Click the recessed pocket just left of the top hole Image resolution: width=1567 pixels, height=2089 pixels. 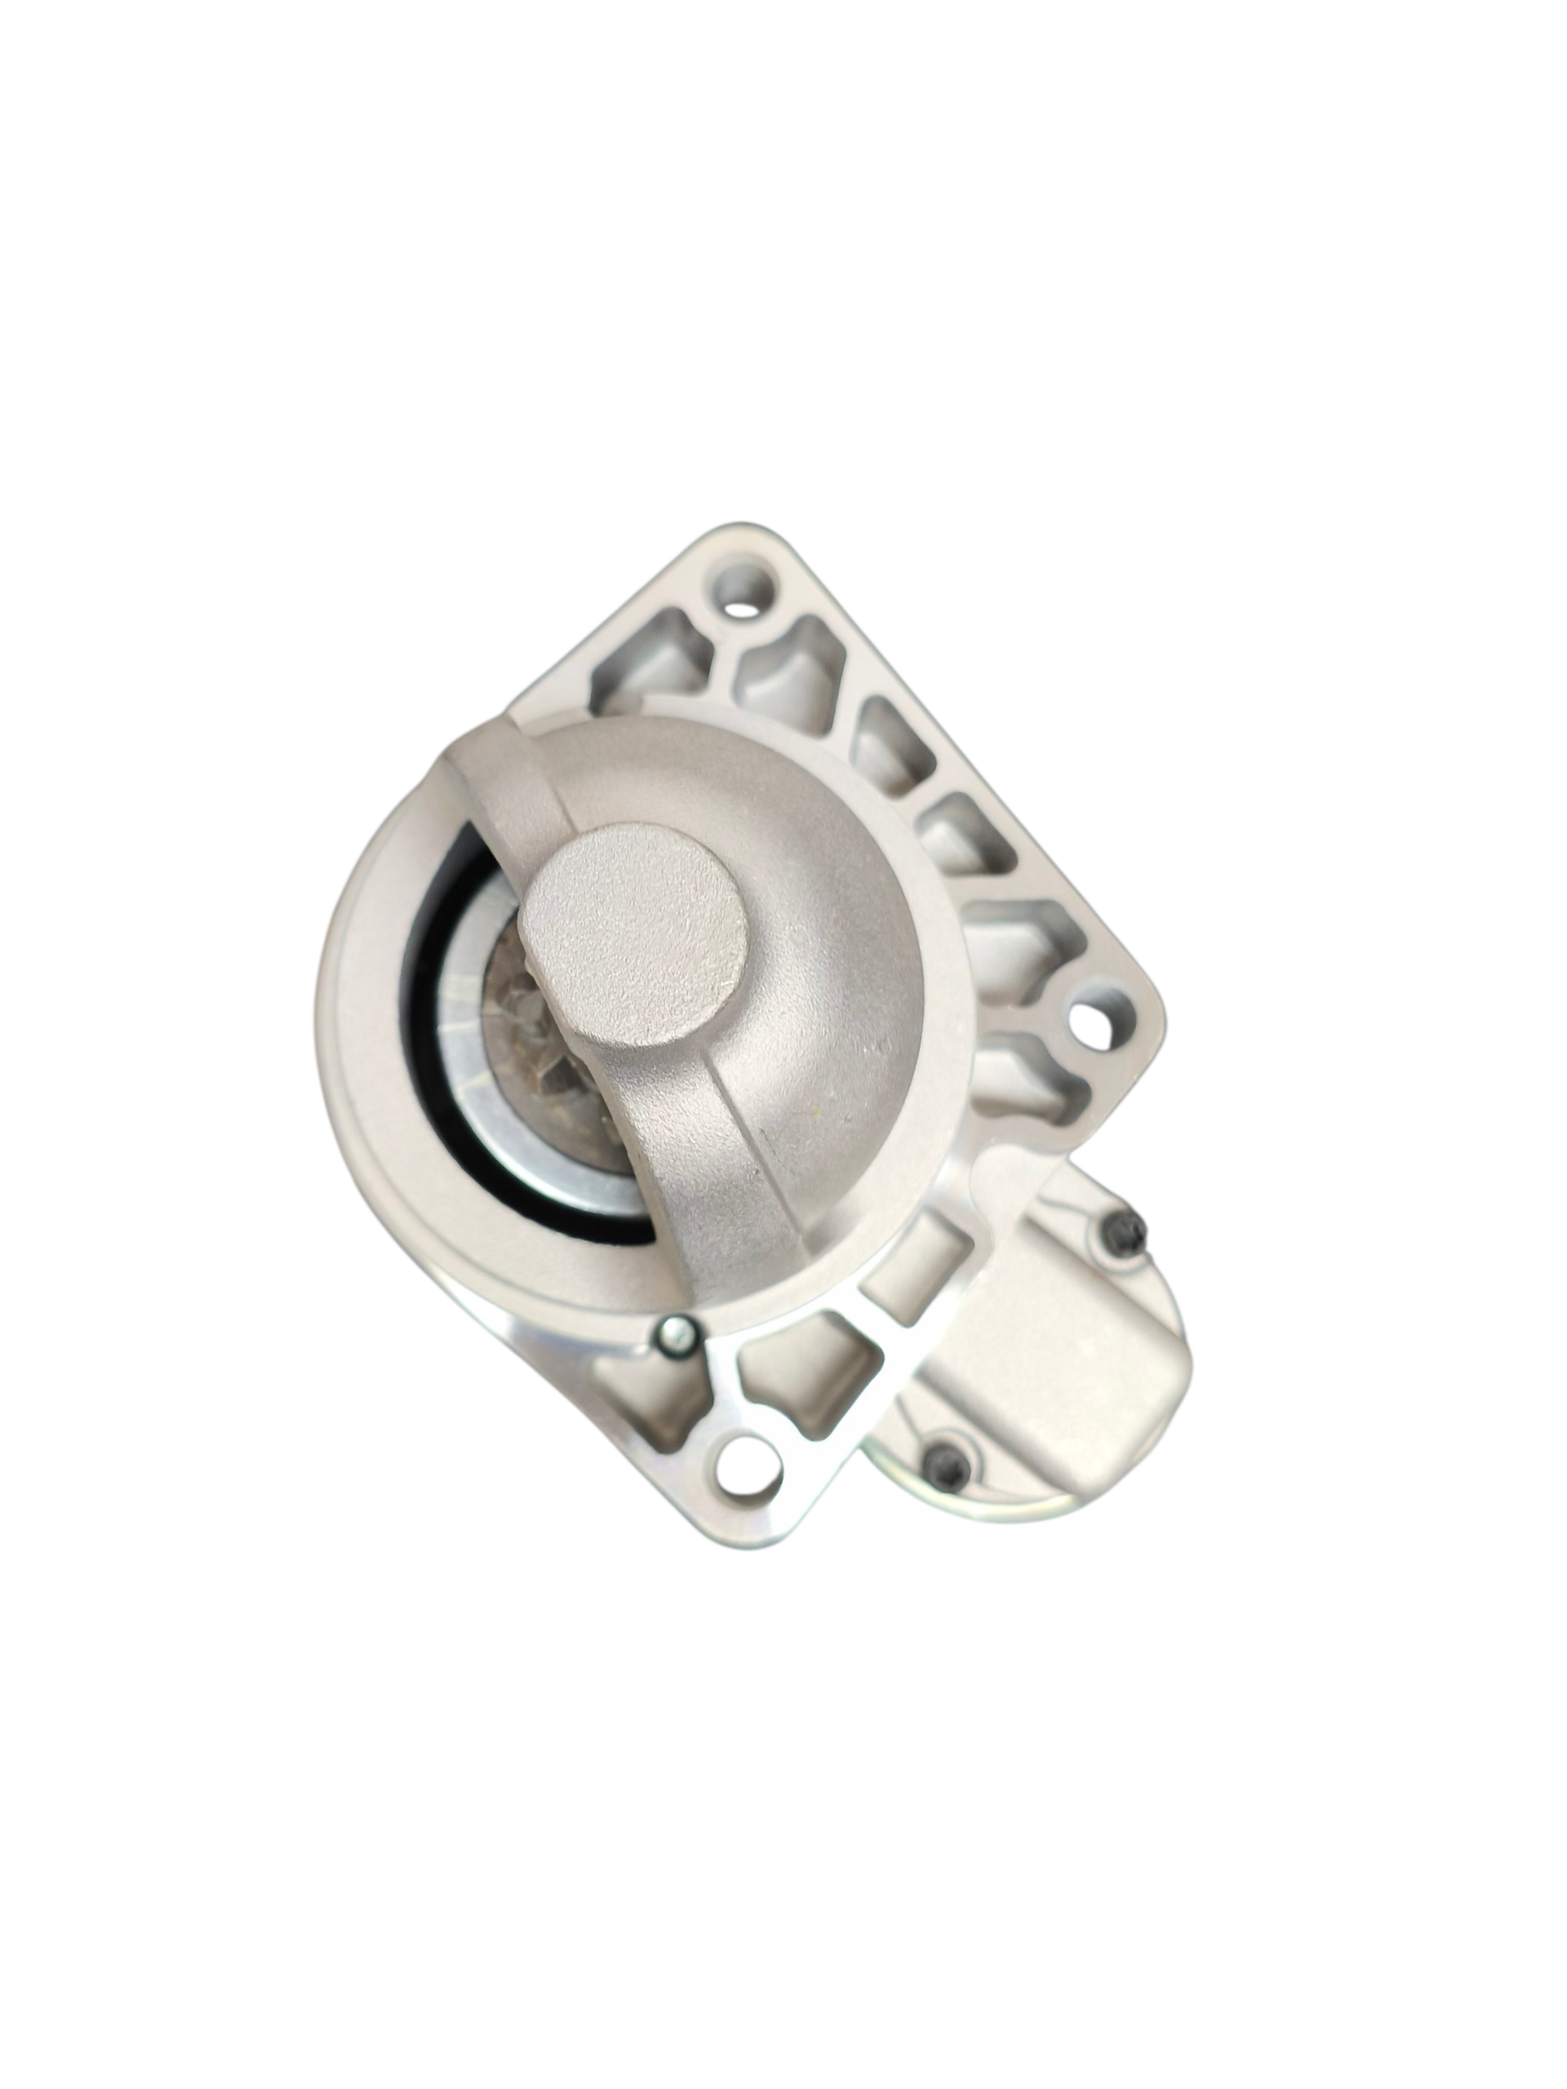click(x=652, y=652)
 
